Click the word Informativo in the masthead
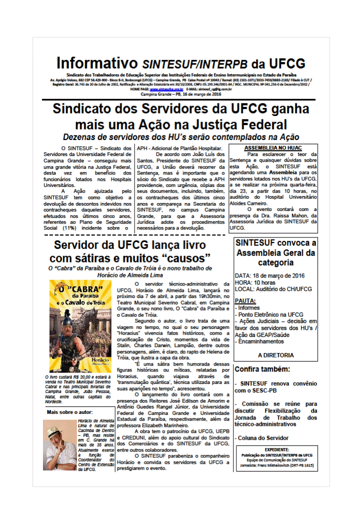point(96,63)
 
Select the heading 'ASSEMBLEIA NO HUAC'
point(273,148)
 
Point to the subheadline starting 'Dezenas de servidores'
point(180,137)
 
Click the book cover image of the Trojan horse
point(80,325)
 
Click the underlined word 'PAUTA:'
point(245,301)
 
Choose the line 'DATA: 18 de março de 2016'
point(269,275)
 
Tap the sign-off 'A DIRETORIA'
point(275,355)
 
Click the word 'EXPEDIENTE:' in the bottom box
point(276,449)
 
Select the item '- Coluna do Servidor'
point(263,438)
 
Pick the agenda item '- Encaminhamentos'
point(263,341)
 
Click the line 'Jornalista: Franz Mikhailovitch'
point(276,465)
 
